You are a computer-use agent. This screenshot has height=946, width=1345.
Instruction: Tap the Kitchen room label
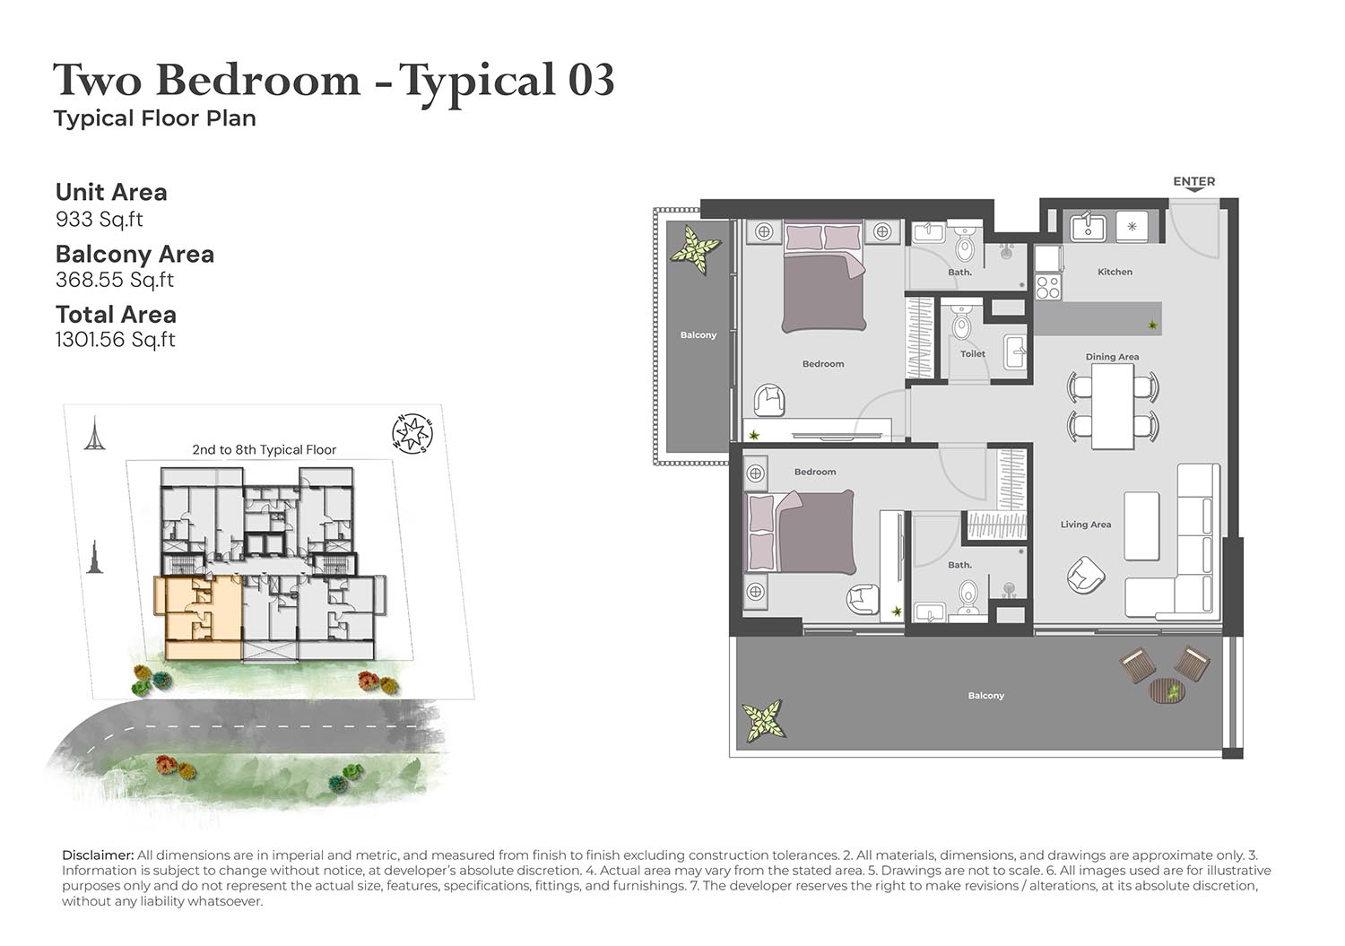point(1115,272)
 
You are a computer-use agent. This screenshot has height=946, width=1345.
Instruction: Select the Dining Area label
point(1112,356)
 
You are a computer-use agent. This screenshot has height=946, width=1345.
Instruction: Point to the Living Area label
point(1086,525)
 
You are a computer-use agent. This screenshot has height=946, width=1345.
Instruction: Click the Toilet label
point(973,354)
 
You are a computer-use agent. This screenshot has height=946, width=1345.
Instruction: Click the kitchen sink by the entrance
point(1088,226)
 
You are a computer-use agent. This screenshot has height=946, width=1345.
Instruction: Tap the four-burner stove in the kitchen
point(1048,287)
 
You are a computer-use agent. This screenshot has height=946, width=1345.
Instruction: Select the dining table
point(1113,406)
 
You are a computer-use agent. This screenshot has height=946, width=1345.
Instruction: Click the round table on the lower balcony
point(1167,690)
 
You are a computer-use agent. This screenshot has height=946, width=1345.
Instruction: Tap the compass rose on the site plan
point(412,433)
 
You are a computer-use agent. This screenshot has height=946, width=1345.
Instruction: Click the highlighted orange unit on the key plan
point(199,618)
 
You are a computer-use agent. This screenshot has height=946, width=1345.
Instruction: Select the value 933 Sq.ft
point(99,219)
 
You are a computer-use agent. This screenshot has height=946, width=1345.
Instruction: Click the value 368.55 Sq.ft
point(115,280)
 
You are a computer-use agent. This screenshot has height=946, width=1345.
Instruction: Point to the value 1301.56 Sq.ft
point(116,340)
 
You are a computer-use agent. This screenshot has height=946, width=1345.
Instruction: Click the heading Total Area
point(116,315)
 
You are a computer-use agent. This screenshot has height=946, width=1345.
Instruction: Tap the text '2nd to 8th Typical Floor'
point(265,449)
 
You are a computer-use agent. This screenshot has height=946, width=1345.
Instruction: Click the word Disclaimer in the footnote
point(98,855)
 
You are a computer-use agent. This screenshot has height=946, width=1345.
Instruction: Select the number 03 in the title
point(592,80)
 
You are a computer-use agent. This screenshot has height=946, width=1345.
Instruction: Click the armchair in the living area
point(1086,576)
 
